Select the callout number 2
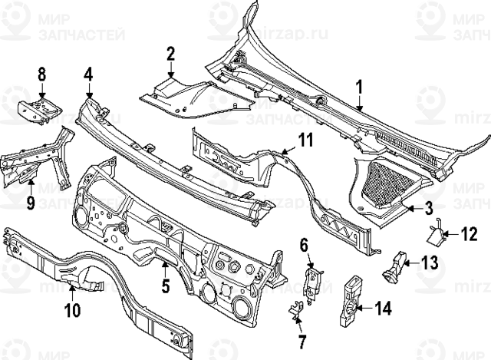click(x=170, y=53)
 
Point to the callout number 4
click(x=88, y=75)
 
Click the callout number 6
click(x=304, y=245)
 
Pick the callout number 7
click(x=301, y=339)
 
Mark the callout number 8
click(x=42, y=75)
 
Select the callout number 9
click(x=31, y=203)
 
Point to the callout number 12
click(x=469, y=233)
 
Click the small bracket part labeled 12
click(x=435, y=231)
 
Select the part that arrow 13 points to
click(x=395, y=265)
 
